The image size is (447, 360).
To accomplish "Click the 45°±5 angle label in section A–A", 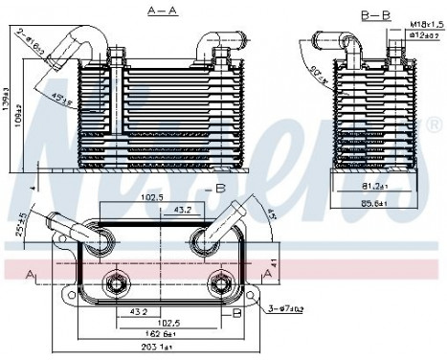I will tap(64, 99).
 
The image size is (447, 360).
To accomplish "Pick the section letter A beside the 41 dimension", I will tap(270, 276).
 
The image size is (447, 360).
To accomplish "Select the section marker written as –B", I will tap(217, 188).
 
